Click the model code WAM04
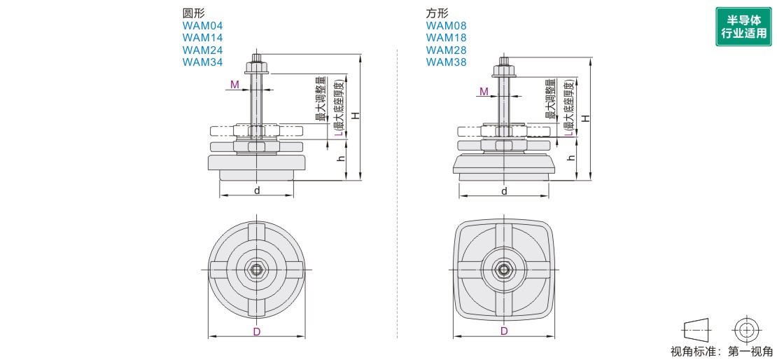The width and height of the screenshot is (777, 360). pos(202,26)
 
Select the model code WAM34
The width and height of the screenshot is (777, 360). pos(202,62)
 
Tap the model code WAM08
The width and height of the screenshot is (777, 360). pos(446,26)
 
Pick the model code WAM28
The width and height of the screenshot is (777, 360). pos(446,50)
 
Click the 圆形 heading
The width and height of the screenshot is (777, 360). pos(194,13)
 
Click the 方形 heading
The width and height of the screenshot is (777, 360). pos(437,13)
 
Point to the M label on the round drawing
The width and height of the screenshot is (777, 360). pos(234,85)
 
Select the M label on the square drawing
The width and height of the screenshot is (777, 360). pos(484,92)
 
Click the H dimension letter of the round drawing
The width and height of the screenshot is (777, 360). pos(356,116)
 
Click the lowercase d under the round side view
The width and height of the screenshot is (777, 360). pos(257,191)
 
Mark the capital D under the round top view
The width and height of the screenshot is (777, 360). pos(257,331)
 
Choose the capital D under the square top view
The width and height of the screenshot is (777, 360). pos(504,331)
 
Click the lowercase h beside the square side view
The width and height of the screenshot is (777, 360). pos(572,158)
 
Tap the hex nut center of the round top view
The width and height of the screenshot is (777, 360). pos(257,269)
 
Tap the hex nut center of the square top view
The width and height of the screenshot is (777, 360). pos(503,269)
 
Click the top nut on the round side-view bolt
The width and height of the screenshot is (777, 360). pos(257,69)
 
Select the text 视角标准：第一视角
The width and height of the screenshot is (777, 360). pos(722,352)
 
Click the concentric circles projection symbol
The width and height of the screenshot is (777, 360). pos(747,329)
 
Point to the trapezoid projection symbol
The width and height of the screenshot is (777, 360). pos(695,329)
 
